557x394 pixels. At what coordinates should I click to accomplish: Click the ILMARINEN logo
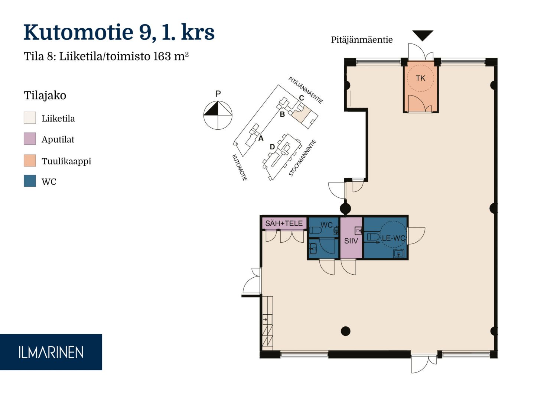(x=51, y=352)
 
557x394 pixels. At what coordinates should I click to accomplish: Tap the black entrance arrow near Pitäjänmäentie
(x=423, y=35)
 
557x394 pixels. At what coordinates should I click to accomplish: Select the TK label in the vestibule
(x=420, y=78)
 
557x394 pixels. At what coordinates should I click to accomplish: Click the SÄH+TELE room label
(x=284, y=223)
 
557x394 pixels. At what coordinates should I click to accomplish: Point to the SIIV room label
(x=351, y=241)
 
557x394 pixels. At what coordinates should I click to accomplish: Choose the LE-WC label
(x=393, y=238)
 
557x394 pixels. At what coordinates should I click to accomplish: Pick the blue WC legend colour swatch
(x=30, y=181)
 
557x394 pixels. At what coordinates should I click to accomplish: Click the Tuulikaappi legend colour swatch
(x=30, y=160)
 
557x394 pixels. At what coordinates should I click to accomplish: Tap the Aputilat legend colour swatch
(x=30, y=139)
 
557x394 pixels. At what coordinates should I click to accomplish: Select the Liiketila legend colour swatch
(x=30, y=118)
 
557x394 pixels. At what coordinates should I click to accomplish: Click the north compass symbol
(x=218, y=115)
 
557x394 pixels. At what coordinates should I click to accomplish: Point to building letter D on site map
(x=272, y=147)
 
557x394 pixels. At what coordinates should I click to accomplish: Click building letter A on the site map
(x=261, y=138)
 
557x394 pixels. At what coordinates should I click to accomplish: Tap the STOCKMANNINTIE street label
(x=302, y=158)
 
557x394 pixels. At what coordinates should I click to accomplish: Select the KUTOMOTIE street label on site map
(x=240, y=168)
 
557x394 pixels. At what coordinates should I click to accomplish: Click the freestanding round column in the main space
(x=346, y=331)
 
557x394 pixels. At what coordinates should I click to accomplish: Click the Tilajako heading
(x=45, y=95)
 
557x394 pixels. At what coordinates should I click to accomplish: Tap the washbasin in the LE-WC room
(x=398, y=254)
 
